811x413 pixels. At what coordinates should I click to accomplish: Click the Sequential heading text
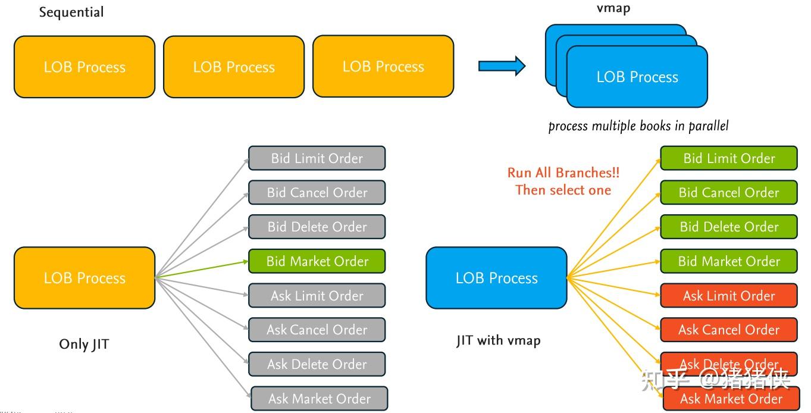[71, 12]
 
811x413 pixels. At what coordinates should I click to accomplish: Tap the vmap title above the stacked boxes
[613, 8]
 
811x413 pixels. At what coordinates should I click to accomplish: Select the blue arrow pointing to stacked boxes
[502, 65]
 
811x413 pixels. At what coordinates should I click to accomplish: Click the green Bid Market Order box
[317, 261]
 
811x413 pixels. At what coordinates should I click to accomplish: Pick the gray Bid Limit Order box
[317, 158]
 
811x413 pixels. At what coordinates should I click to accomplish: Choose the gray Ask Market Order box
[319, 399]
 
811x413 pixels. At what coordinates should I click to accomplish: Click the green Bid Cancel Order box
[729, 193]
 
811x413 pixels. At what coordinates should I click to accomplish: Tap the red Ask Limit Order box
[729, 296]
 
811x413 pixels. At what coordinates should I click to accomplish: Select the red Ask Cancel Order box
[729, 330]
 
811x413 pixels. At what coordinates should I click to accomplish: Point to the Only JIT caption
[84, 344]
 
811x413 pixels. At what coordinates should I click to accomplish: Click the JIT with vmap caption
[498, 340]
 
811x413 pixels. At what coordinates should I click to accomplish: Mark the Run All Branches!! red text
[563, 173]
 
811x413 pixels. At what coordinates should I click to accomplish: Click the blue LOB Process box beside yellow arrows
[496, 278]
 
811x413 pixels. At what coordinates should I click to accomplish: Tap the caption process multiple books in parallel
[638, 126]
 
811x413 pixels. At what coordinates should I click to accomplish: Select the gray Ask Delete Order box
[317, 364]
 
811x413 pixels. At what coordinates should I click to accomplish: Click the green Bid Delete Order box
[729, 227]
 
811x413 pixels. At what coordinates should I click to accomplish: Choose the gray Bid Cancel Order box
[317, 193]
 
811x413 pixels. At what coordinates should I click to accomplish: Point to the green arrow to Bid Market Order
[202, 269]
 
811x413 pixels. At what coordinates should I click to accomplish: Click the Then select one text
[563, 190]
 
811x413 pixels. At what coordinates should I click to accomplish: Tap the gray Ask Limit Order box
[317, 296]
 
